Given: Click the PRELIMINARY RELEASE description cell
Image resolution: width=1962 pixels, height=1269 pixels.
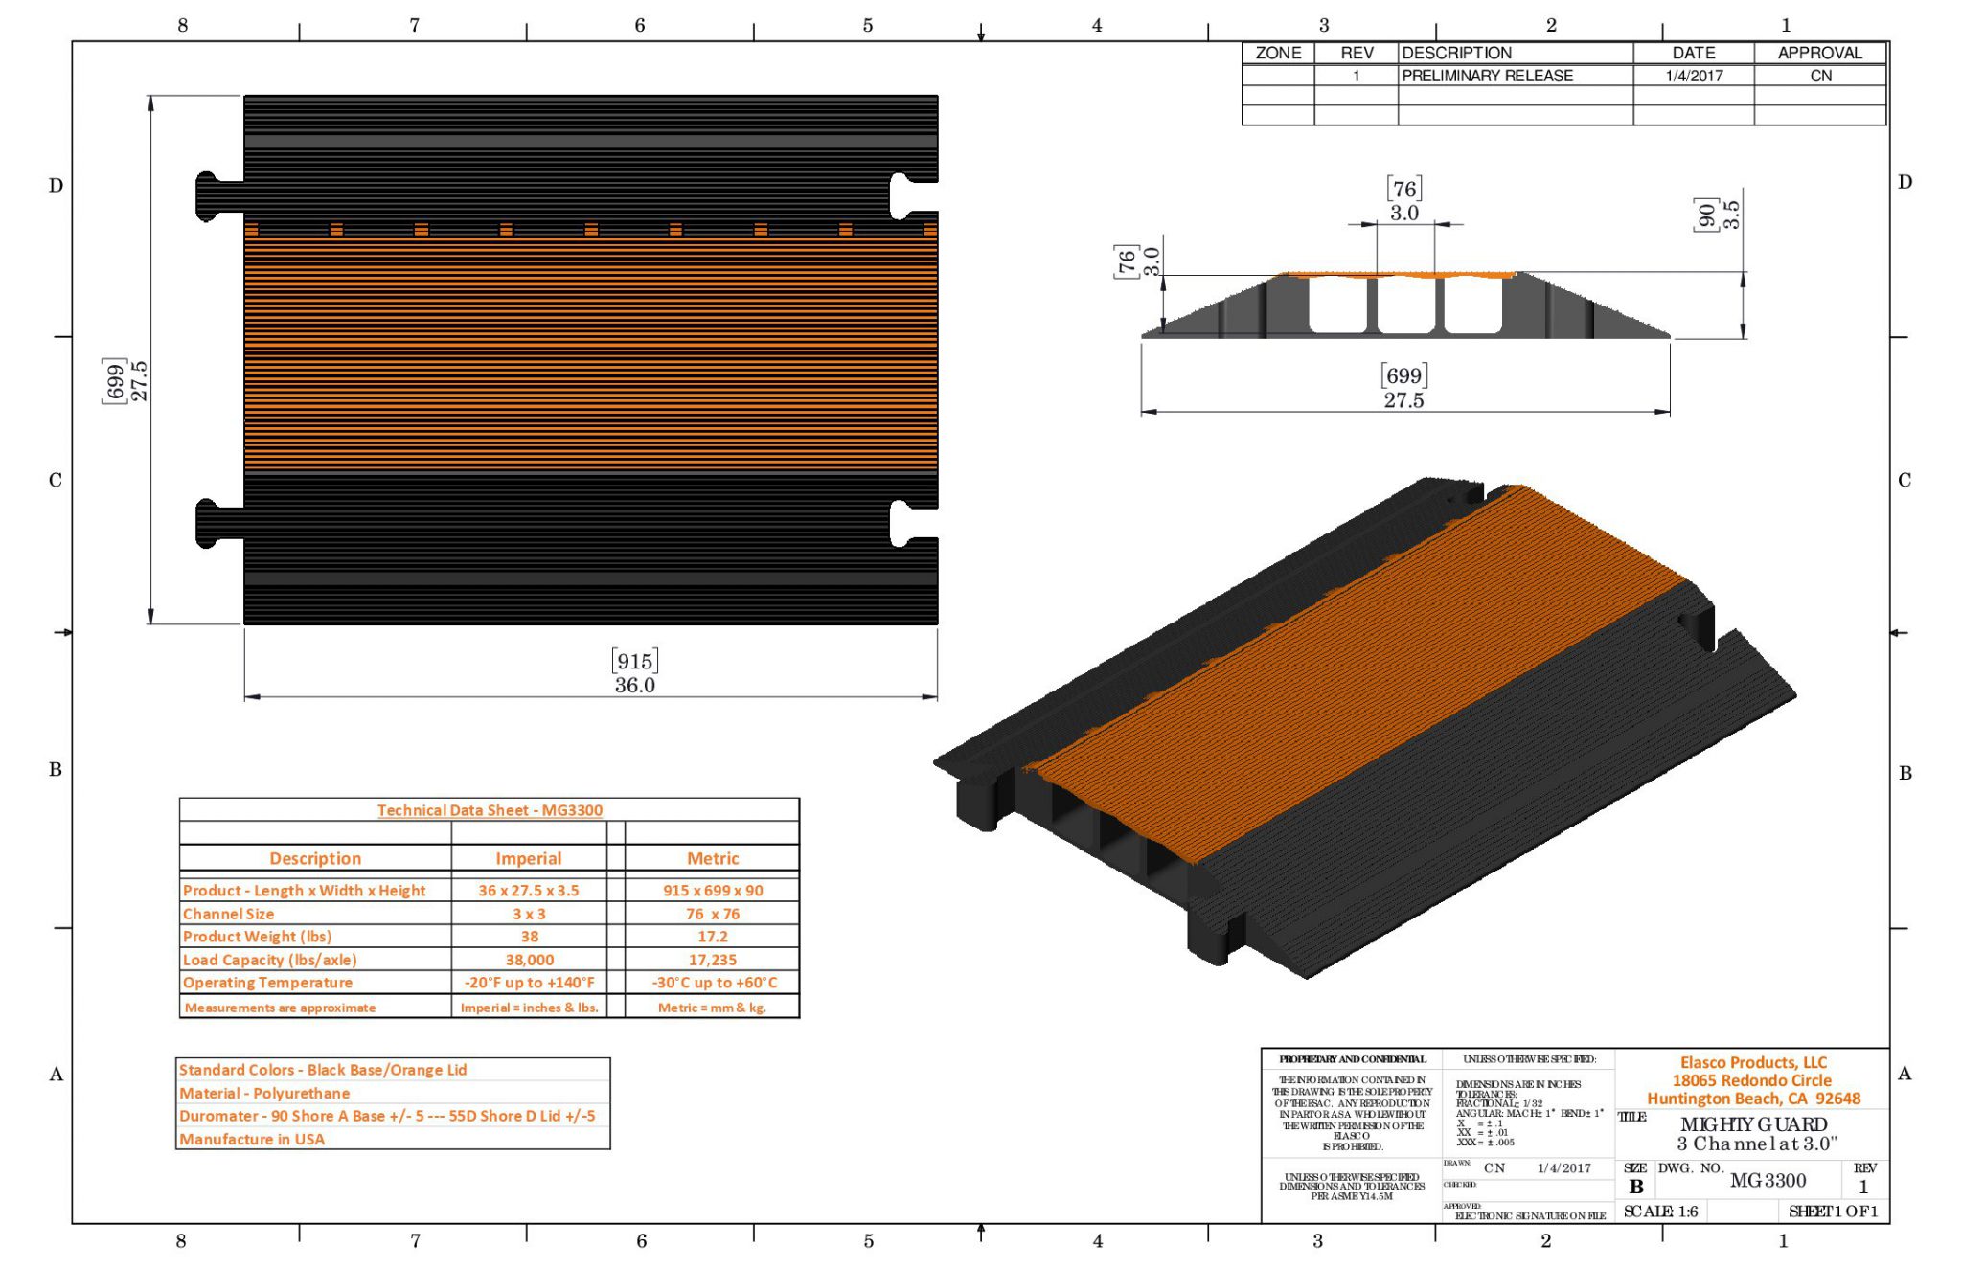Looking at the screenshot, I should [1487, 76].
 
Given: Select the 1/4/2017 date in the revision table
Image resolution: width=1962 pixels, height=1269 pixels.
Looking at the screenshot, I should [1693, 76].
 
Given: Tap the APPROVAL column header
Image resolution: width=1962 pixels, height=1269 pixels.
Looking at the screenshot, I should [1819, 53].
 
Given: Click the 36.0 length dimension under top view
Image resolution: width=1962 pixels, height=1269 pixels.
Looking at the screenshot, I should [634, 685].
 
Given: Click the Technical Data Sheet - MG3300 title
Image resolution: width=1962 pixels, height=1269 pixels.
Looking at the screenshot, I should [490, 810].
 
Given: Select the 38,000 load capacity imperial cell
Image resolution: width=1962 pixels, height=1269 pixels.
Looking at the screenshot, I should [529, 960].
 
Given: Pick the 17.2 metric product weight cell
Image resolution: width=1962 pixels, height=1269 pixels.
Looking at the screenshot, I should [712, 937].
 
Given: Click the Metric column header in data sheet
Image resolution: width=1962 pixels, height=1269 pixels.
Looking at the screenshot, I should [712, 858].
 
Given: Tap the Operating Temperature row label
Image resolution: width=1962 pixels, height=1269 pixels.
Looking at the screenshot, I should [267, 983].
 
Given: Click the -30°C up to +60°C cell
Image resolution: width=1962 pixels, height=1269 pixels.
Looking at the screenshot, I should [714, 983].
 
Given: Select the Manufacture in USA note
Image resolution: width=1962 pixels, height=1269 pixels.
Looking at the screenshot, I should [252, 1139].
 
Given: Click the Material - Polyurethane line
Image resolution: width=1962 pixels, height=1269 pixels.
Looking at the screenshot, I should [264, 1093].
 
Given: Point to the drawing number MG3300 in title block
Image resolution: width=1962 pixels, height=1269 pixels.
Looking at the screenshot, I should [1768, 1181].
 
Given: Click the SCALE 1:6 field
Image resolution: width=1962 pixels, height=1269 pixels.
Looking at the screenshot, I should [1660, 1212].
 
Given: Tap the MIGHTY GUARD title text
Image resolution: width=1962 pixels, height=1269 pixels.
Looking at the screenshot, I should [1753, 1124].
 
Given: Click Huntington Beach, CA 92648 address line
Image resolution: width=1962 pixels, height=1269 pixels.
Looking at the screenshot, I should [1753, 1099].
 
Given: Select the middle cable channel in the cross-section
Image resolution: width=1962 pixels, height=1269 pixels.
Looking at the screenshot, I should [1405, 306].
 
